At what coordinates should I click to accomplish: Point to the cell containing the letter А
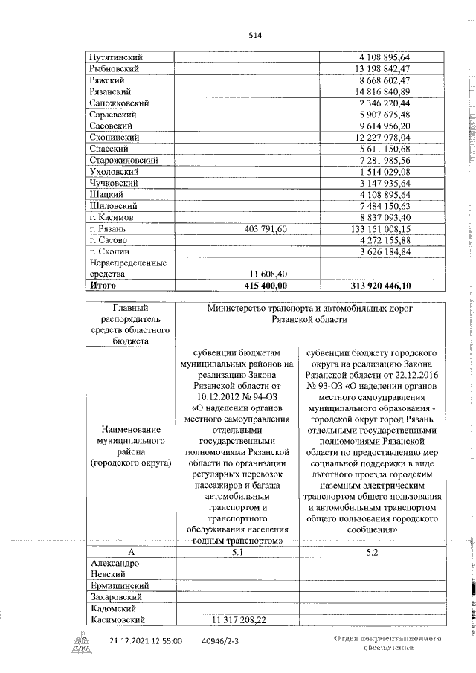(131, 552)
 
